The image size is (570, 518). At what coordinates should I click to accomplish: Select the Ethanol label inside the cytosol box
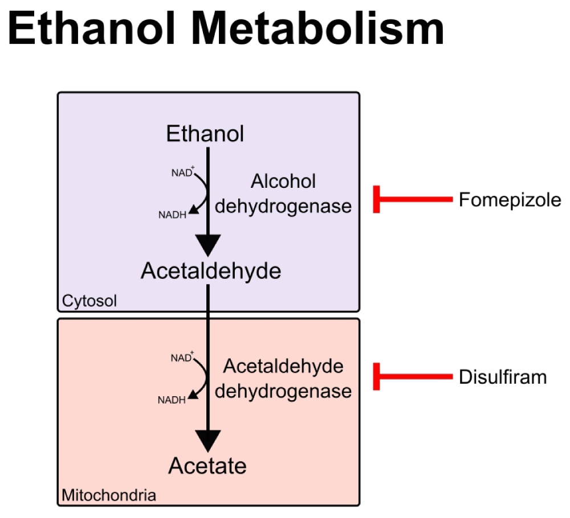(205, 134)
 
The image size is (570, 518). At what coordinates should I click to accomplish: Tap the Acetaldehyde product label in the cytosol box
(211, 272)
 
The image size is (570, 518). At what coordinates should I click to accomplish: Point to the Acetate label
(207, 466)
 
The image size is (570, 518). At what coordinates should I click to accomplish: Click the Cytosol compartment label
(89, 301)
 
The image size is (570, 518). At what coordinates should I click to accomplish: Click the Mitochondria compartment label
(108, 495)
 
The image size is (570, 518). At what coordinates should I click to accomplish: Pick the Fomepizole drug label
(510, 200)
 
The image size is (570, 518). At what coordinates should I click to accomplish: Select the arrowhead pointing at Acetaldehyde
(207, 245)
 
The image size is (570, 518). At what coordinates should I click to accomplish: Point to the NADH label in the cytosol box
(172, 215)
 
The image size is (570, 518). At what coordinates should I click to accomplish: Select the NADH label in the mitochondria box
(172, 400)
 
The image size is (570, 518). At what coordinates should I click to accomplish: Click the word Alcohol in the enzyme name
(283, 182)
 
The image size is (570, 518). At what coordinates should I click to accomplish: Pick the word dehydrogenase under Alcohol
(283, 206)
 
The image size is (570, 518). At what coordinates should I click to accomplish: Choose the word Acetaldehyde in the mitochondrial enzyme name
(283, 367)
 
